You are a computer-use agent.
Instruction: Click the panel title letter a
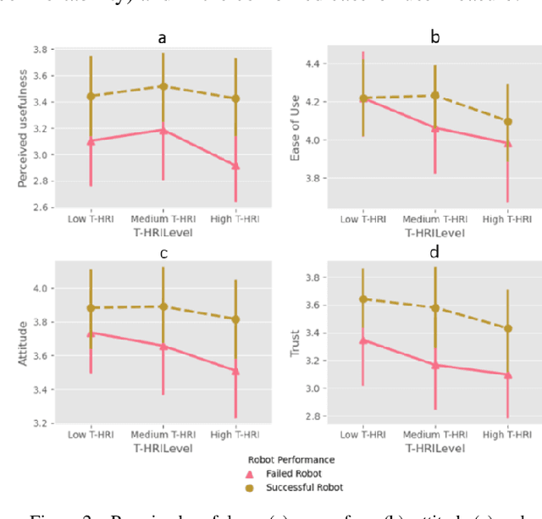(162, 37)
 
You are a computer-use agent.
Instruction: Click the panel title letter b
(435, 37)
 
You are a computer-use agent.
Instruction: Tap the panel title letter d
(434, 251)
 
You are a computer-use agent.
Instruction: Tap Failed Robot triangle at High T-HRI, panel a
(235, 166)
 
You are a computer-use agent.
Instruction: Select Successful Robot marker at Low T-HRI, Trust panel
(363, 299)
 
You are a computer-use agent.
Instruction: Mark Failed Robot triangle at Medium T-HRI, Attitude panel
(163, 346)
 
